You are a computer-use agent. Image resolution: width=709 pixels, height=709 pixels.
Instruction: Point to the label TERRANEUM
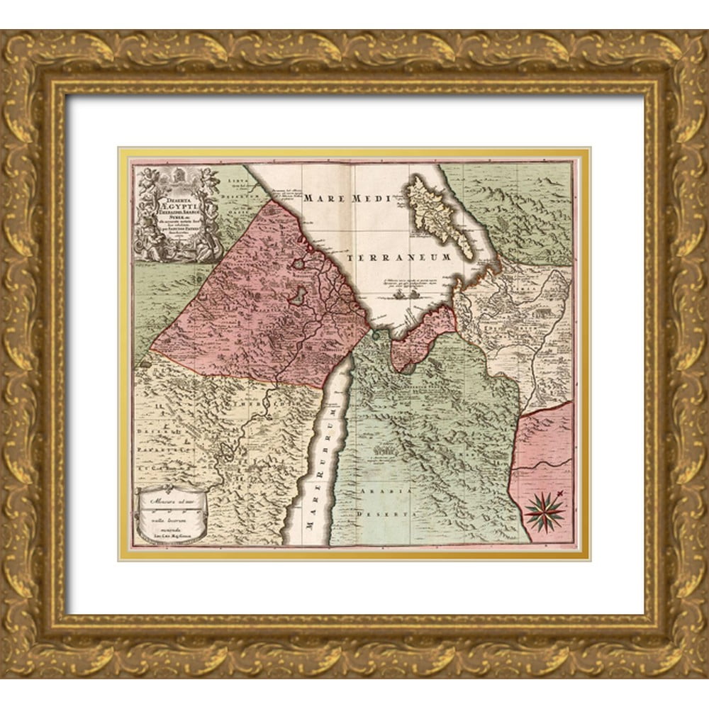401,257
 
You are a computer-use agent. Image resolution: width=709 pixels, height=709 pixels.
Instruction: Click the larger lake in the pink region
301,294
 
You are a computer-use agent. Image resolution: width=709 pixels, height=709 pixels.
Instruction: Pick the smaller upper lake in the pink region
303,264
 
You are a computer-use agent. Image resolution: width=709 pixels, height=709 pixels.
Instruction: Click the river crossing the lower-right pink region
542,464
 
